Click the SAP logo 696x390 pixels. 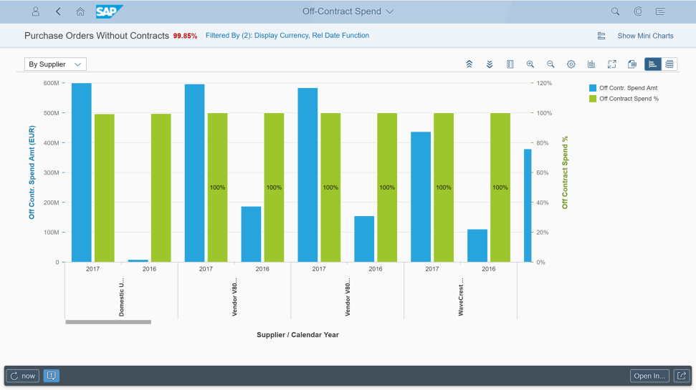click(x=109, y=11)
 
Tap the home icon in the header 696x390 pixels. click(x=80, y=11)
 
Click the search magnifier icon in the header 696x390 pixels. click(x=615, y=11)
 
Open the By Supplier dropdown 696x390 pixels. click(x=55, y=64)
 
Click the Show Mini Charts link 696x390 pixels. click(x=645, y=36)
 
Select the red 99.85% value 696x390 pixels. click(x=185, y=36)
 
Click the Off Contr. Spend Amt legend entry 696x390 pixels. click(x=623, y=88)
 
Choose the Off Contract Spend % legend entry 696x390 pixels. click(x=624, y=98)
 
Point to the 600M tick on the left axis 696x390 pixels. click(x=52, y=83)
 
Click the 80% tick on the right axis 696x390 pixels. click(x=543, y=142)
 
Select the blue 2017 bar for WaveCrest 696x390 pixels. click(x=420, y=197)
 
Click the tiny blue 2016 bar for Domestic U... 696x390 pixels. click(x=138, y=260)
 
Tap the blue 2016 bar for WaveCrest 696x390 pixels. click(x=477, y=245)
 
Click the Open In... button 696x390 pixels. click(x=649, y=376)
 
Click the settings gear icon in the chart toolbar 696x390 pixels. click(x=571, y=64)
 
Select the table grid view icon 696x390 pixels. click(x=669, y=64)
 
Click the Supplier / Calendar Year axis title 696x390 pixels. click(x=297, y=335)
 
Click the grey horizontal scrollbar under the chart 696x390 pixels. click(x=108, y=322)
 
